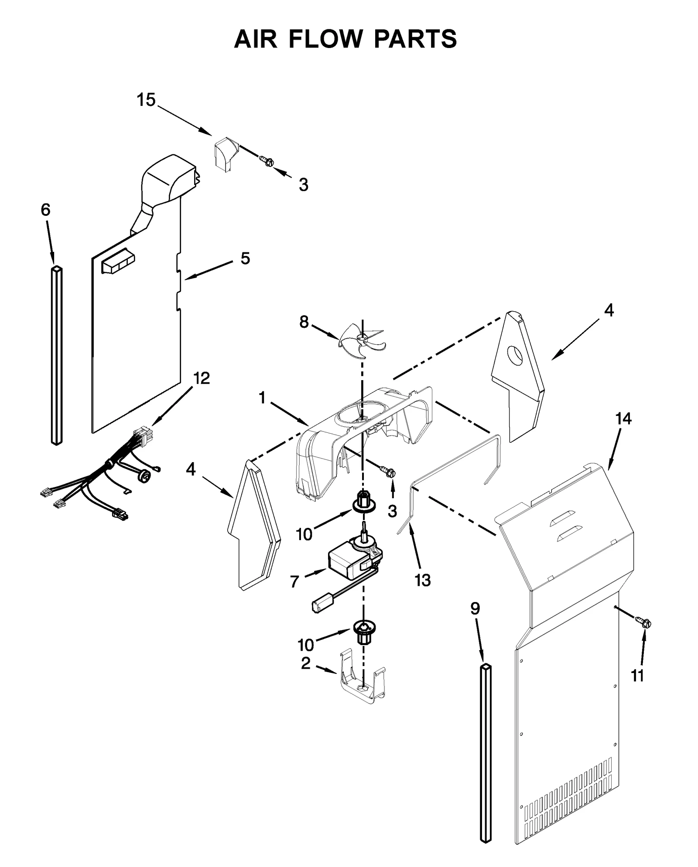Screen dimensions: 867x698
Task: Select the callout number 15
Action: tap(146, 100)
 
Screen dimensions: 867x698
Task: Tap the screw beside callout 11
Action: tap(643, 622)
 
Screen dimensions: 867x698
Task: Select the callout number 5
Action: tap(245, 258)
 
